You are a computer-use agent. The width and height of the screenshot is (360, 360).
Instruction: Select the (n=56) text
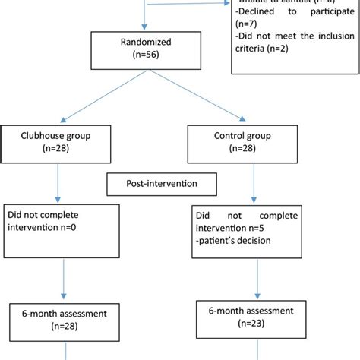point(141,57)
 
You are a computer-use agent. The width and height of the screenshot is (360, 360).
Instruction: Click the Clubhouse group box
point(58,144)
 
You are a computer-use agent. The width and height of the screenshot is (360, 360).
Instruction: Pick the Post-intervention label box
point(161,184)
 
